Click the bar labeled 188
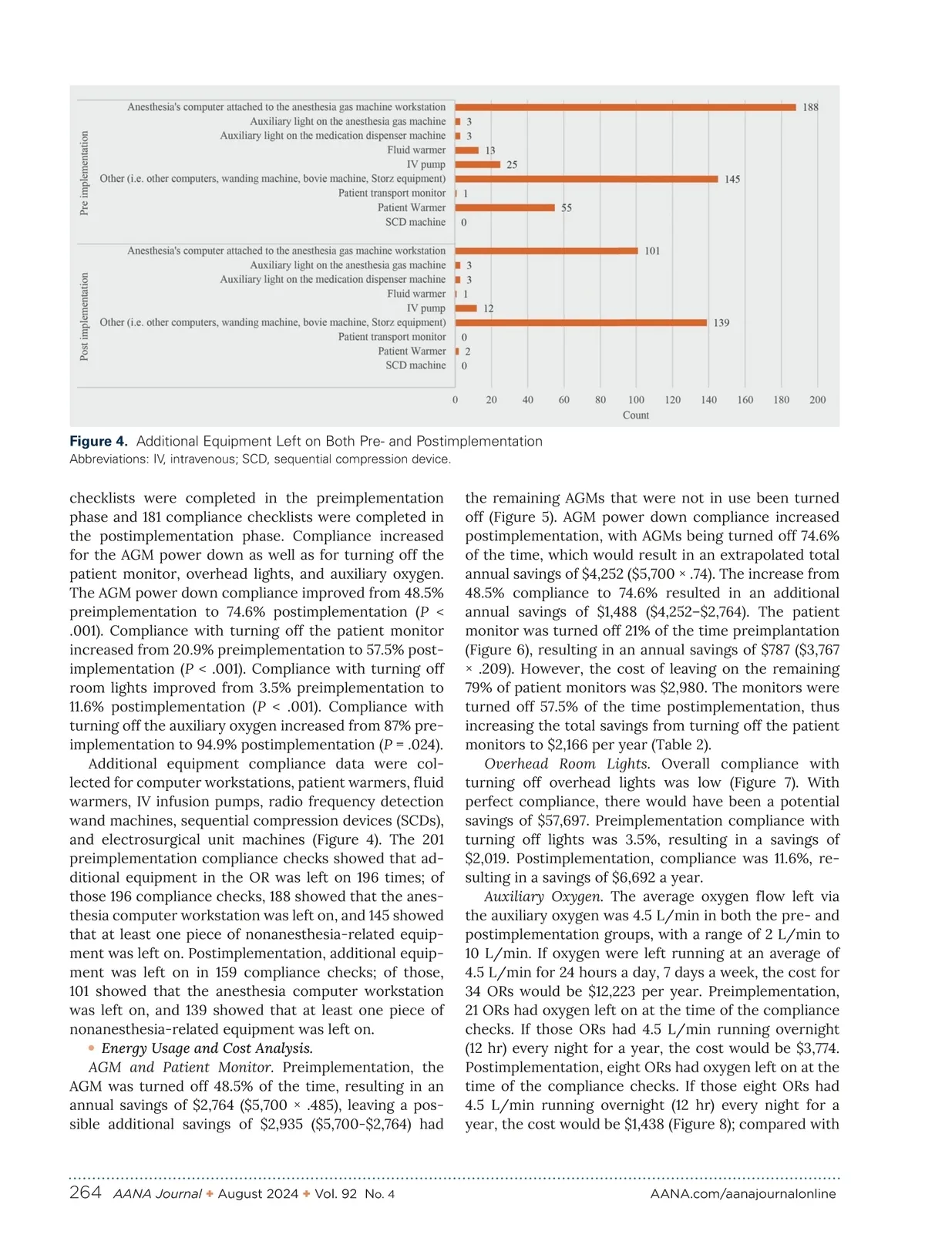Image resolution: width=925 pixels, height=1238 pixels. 625,107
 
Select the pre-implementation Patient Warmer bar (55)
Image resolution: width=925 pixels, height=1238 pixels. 505,207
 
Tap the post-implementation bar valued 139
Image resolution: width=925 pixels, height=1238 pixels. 581,323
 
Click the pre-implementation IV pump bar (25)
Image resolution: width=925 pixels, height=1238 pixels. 478,164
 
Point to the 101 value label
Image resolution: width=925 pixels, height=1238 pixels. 652,251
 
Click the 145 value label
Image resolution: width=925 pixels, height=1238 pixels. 732,180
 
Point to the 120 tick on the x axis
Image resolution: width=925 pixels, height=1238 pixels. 672,400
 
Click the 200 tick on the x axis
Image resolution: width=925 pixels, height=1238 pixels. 817,400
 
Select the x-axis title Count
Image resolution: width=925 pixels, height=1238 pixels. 636,415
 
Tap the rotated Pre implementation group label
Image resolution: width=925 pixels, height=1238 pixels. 85,173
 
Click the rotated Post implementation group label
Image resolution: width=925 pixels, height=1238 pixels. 85,317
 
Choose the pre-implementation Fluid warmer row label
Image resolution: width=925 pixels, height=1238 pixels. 416,150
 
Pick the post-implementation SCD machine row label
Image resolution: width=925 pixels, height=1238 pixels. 415,365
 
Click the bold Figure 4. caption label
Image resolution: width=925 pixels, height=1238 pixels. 99,442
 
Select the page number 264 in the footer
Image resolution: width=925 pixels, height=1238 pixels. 85,1193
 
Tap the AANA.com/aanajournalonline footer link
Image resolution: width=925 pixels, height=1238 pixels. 743,1194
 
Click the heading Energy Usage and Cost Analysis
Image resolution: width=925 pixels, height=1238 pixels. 207,1048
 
